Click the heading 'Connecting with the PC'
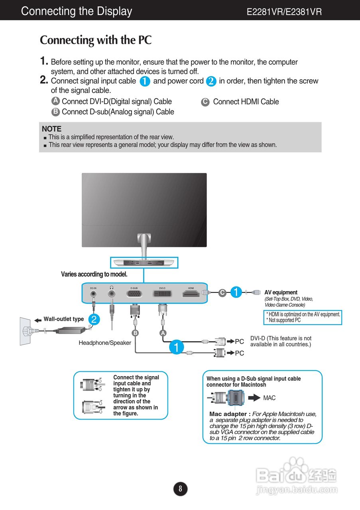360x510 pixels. tap(96, 40)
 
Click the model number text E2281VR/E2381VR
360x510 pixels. tap(284, 12)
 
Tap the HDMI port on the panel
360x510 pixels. tap(191, 294)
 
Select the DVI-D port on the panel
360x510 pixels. tap(162, 294)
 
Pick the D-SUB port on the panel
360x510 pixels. tap(134, 294)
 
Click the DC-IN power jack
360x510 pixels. tap(93, 294)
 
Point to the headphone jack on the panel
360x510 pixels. tap(112, 294)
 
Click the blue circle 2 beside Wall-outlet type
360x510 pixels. tap(94, 319)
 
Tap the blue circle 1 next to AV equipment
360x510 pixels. tap(236, 292)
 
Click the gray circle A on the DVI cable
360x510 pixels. tap(163, 333)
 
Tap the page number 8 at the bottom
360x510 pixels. tap(180, 488)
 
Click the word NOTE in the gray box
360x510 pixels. tap(52, 129)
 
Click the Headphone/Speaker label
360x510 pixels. tap(105, 343)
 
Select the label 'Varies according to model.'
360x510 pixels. tap(94, 274)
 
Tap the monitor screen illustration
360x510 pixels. tap(144, 210)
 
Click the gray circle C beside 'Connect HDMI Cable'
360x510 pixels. tap(205, 102)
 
